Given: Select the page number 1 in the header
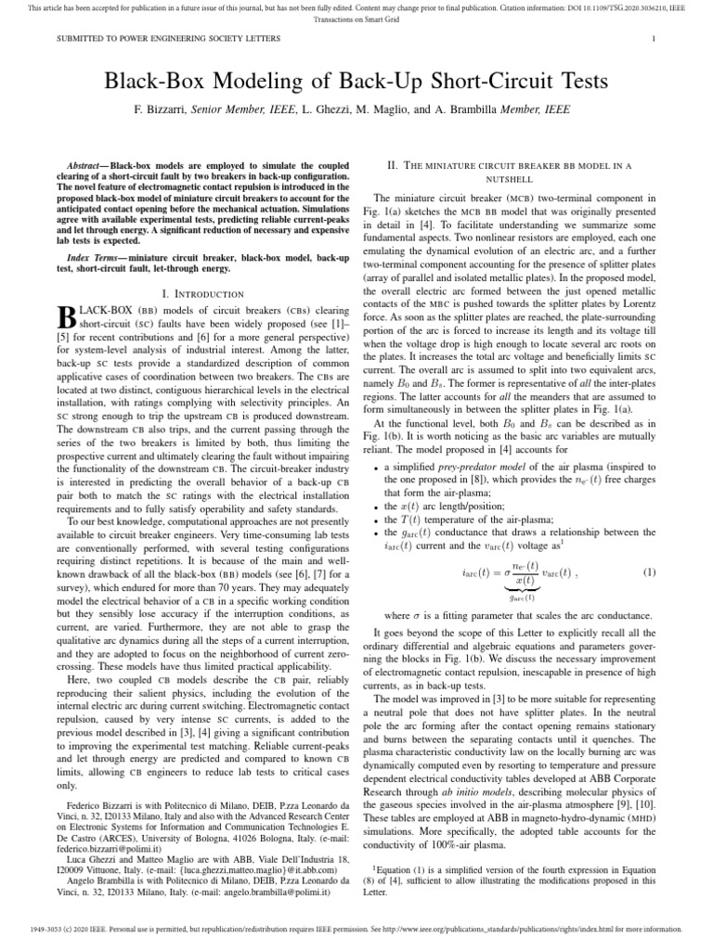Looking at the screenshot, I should (655, 38).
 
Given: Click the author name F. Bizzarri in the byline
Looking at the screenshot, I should (161, 110).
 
